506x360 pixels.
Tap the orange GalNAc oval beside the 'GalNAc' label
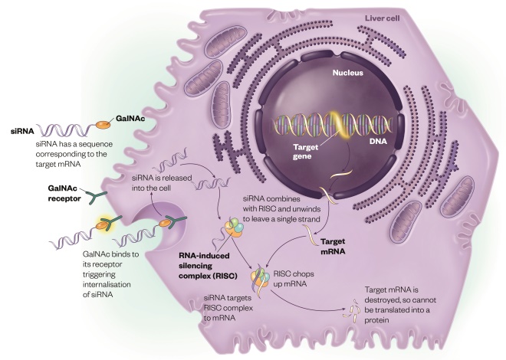(103, 122)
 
